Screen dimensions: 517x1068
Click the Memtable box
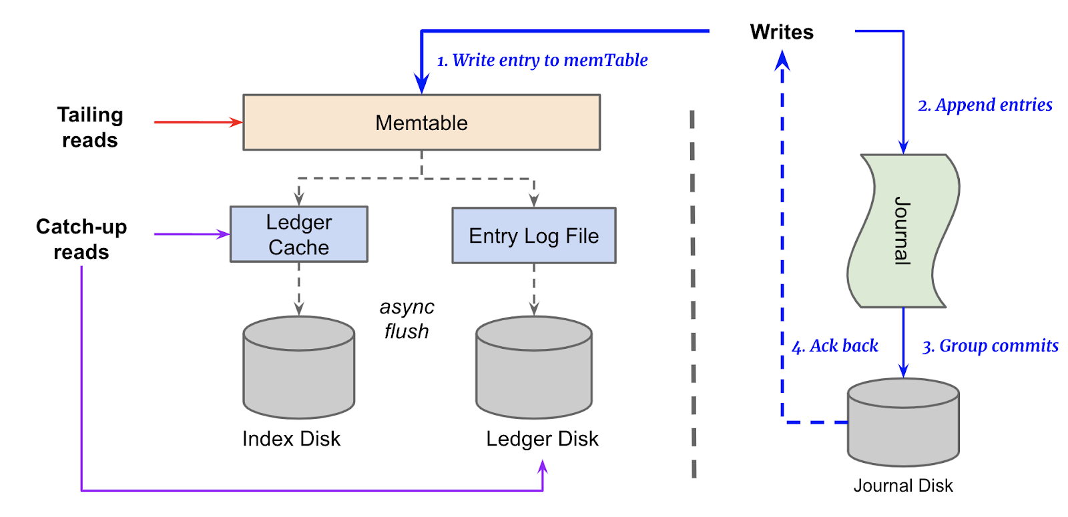tap(421, 123)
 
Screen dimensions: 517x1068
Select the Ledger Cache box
tap(298, 234)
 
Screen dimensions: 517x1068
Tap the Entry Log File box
tap(533, 235)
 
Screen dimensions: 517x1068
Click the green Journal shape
tap(902, 231)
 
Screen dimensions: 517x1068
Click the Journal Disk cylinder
tap(902, 423)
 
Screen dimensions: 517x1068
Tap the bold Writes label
tap(781, 32)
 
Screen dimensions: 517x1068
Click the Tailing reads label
tap(90, 127)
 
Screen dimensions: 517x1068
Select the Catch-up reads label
tap(81, 239)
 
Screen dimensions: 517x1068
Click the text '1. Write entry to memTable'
tap(542, 61)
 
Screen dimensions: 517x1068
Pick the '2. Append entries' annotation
tap(985, 105)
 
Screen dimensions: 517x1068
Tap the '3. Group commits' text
tap(990, 346)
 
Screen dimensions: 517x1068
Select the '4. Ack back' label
tap(834, 346)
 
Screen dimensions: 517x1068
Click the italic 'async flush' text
tap(407, 319)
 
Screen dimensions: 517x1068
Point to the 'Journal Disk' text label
tap(902, 486)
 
